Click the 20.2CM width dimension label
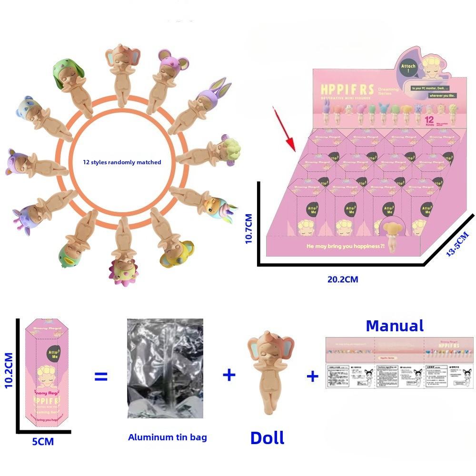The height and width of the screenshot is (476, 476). click(343, 279)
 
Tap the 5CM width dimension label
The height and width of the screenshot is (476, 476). click(43, 441)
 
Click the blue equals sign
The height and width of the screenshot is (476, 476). click(101, 377)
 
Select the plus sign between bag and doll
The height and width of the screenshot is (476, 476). click(229, 375)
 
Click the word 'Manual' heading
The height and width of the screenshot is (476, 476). click(395, 326)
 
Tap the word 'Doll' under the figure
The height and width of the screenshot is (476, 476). click(267, 437)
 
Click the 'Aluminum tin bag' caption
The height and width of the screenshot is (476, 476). click(168, 437)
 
